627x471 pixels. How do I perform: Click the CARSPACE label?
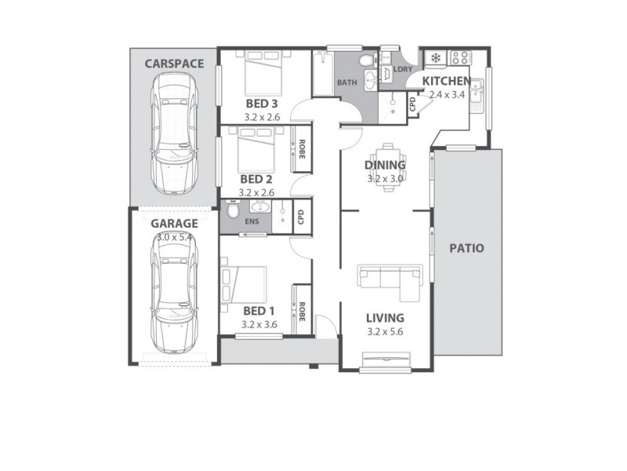pos(174,63)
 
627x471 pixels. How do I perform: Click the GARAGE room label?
pos(174,223)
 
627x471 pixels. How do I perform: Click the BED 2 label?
pos(256,179)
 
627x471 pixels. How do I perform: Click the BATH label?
pos(346,82)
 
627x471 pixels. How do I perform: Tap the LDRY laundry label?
pos(403,69)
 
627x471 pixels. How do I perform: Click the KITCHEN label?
pos(447,81)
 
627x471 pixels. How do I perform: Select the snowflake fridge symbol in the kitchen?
pos(433,58)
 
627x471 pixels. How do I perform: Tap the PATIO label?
pos(466,248)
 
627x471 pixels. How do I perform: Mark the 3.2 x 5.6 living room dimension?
pos(386,331)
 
